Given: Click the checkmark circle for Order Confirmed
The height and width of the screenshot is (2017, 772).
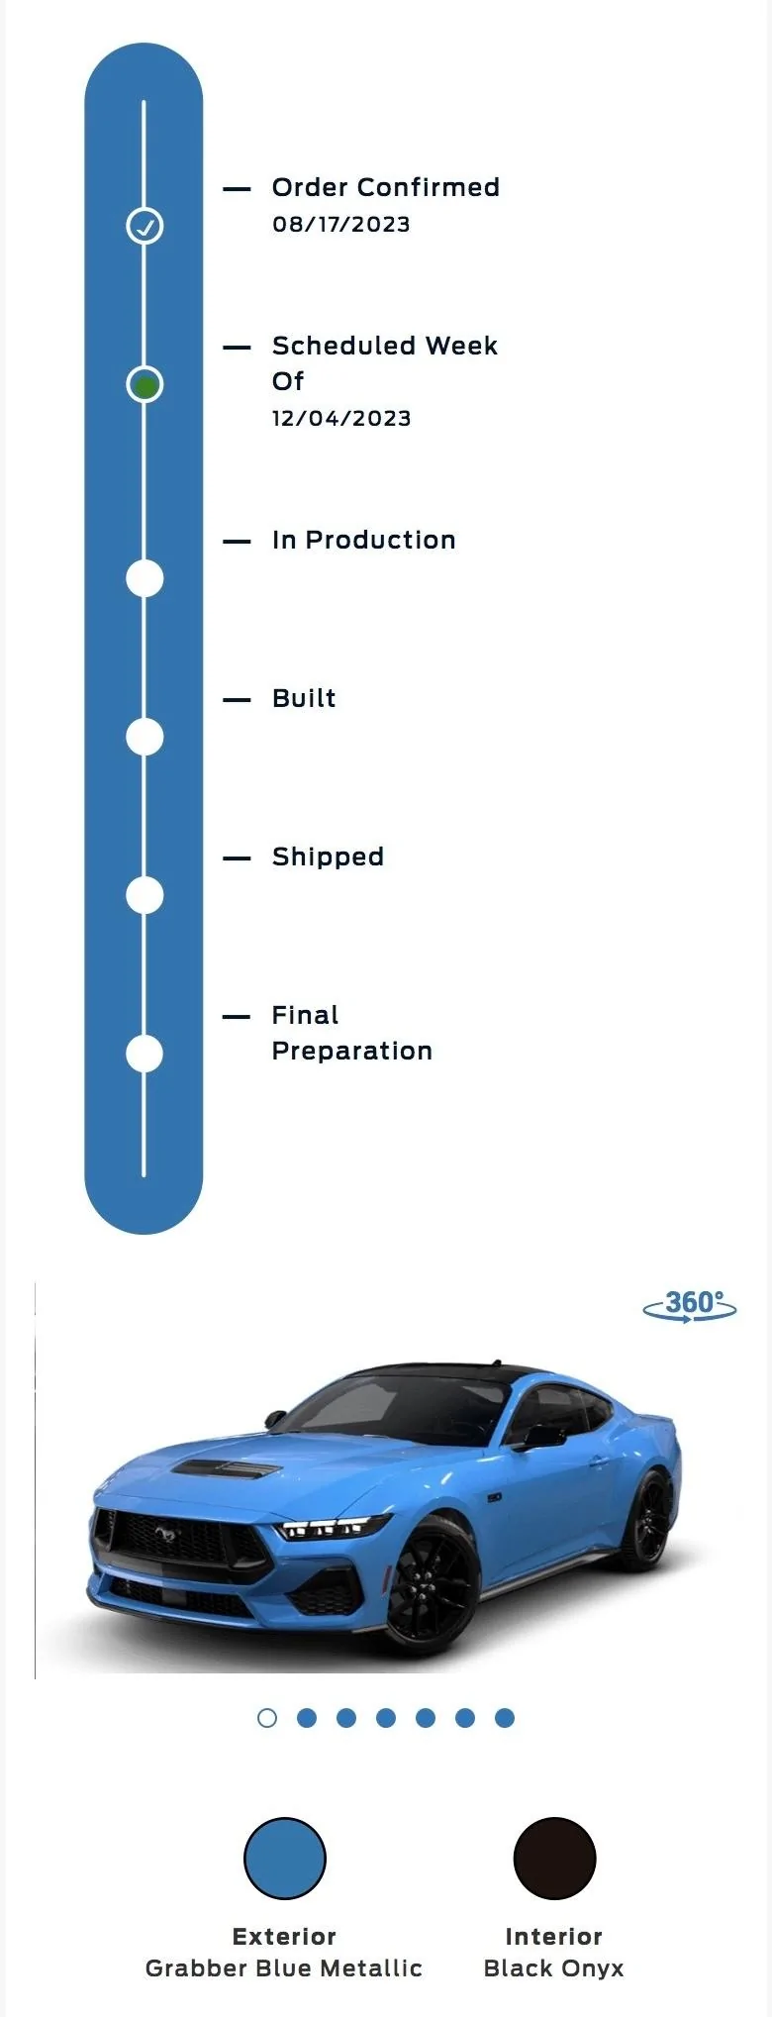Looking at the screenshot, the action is (x=145, y=227).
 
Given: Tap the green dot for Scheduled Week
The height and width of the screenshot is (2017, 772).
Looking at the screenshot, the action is (x=145, y=385).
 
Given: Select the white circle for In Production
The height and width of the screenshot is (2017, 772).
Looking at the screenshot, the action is (x=145, y=579).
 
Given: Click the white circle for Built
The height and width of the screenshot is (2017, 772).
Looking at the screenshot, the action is (x=145, y=738).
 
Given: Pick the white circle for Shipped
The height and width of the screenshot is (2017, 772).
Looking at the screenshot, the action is (x=145, y=896).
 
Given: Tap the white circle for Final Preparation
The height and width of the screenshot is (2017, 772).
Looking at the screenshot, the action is (x=145, y=1055).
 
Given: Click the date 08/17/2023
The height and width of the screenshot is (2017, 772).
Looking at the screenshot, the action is (x=341, y=225).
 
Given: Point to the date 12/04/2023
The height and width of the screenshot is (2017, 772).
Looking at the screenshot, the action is (x=341, y=419).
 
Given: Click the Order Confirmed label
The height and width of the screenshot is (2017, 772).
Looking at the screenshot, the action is (x=386, y=187).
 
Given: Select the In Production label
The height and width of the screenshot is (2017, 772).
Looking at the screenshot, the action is (x=364, y=540).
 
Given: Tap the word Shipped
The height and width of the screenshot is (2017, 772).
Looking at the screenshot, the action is (x=328, y=857).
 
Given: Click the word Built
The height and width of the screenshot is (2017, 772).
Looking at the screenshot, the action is (x=304, y=698).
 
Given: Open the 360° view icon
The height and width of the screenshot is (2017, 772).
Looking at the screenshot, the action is (x=690, y=1306).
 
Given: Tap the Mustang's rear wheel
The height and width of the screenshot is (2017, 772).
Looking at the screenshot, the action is (x=648, y=1520).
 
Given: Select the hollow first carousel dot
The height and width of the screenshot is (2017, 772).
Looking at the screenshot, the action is (x=267, y=1718).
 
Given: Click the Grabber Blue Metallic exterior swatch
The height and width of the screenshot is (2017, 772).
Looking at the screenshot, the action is (x=285, y=1859).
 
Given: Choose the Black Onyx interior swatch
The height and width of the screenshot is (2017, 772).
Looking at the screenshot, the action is (x=554, y=1859).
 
